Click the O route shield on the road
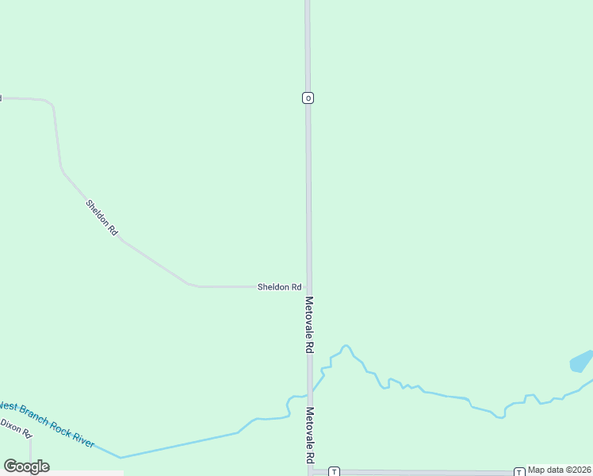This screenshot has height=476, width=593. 308,98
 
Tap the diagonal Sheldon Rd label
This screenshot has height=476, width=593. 102,217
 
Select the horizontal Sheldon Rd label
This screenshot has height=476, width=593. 279,286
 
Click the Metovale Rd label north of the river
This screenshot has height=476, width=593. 309,324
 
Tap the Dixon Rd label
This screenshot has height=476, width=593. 15,428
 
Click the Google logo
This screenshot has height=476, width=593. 27,466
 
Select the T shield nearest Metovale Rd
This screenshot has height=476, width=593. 334,471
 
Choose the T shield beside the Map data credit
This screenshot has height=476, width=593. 518,471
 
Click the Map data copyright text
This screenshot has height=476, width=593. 560,470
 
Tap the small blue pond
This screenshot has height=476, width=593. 581,362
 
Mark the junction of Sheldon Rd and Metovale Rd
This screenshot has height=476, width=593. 308,286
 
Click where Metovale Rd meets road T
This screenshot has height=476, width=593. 310,471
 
